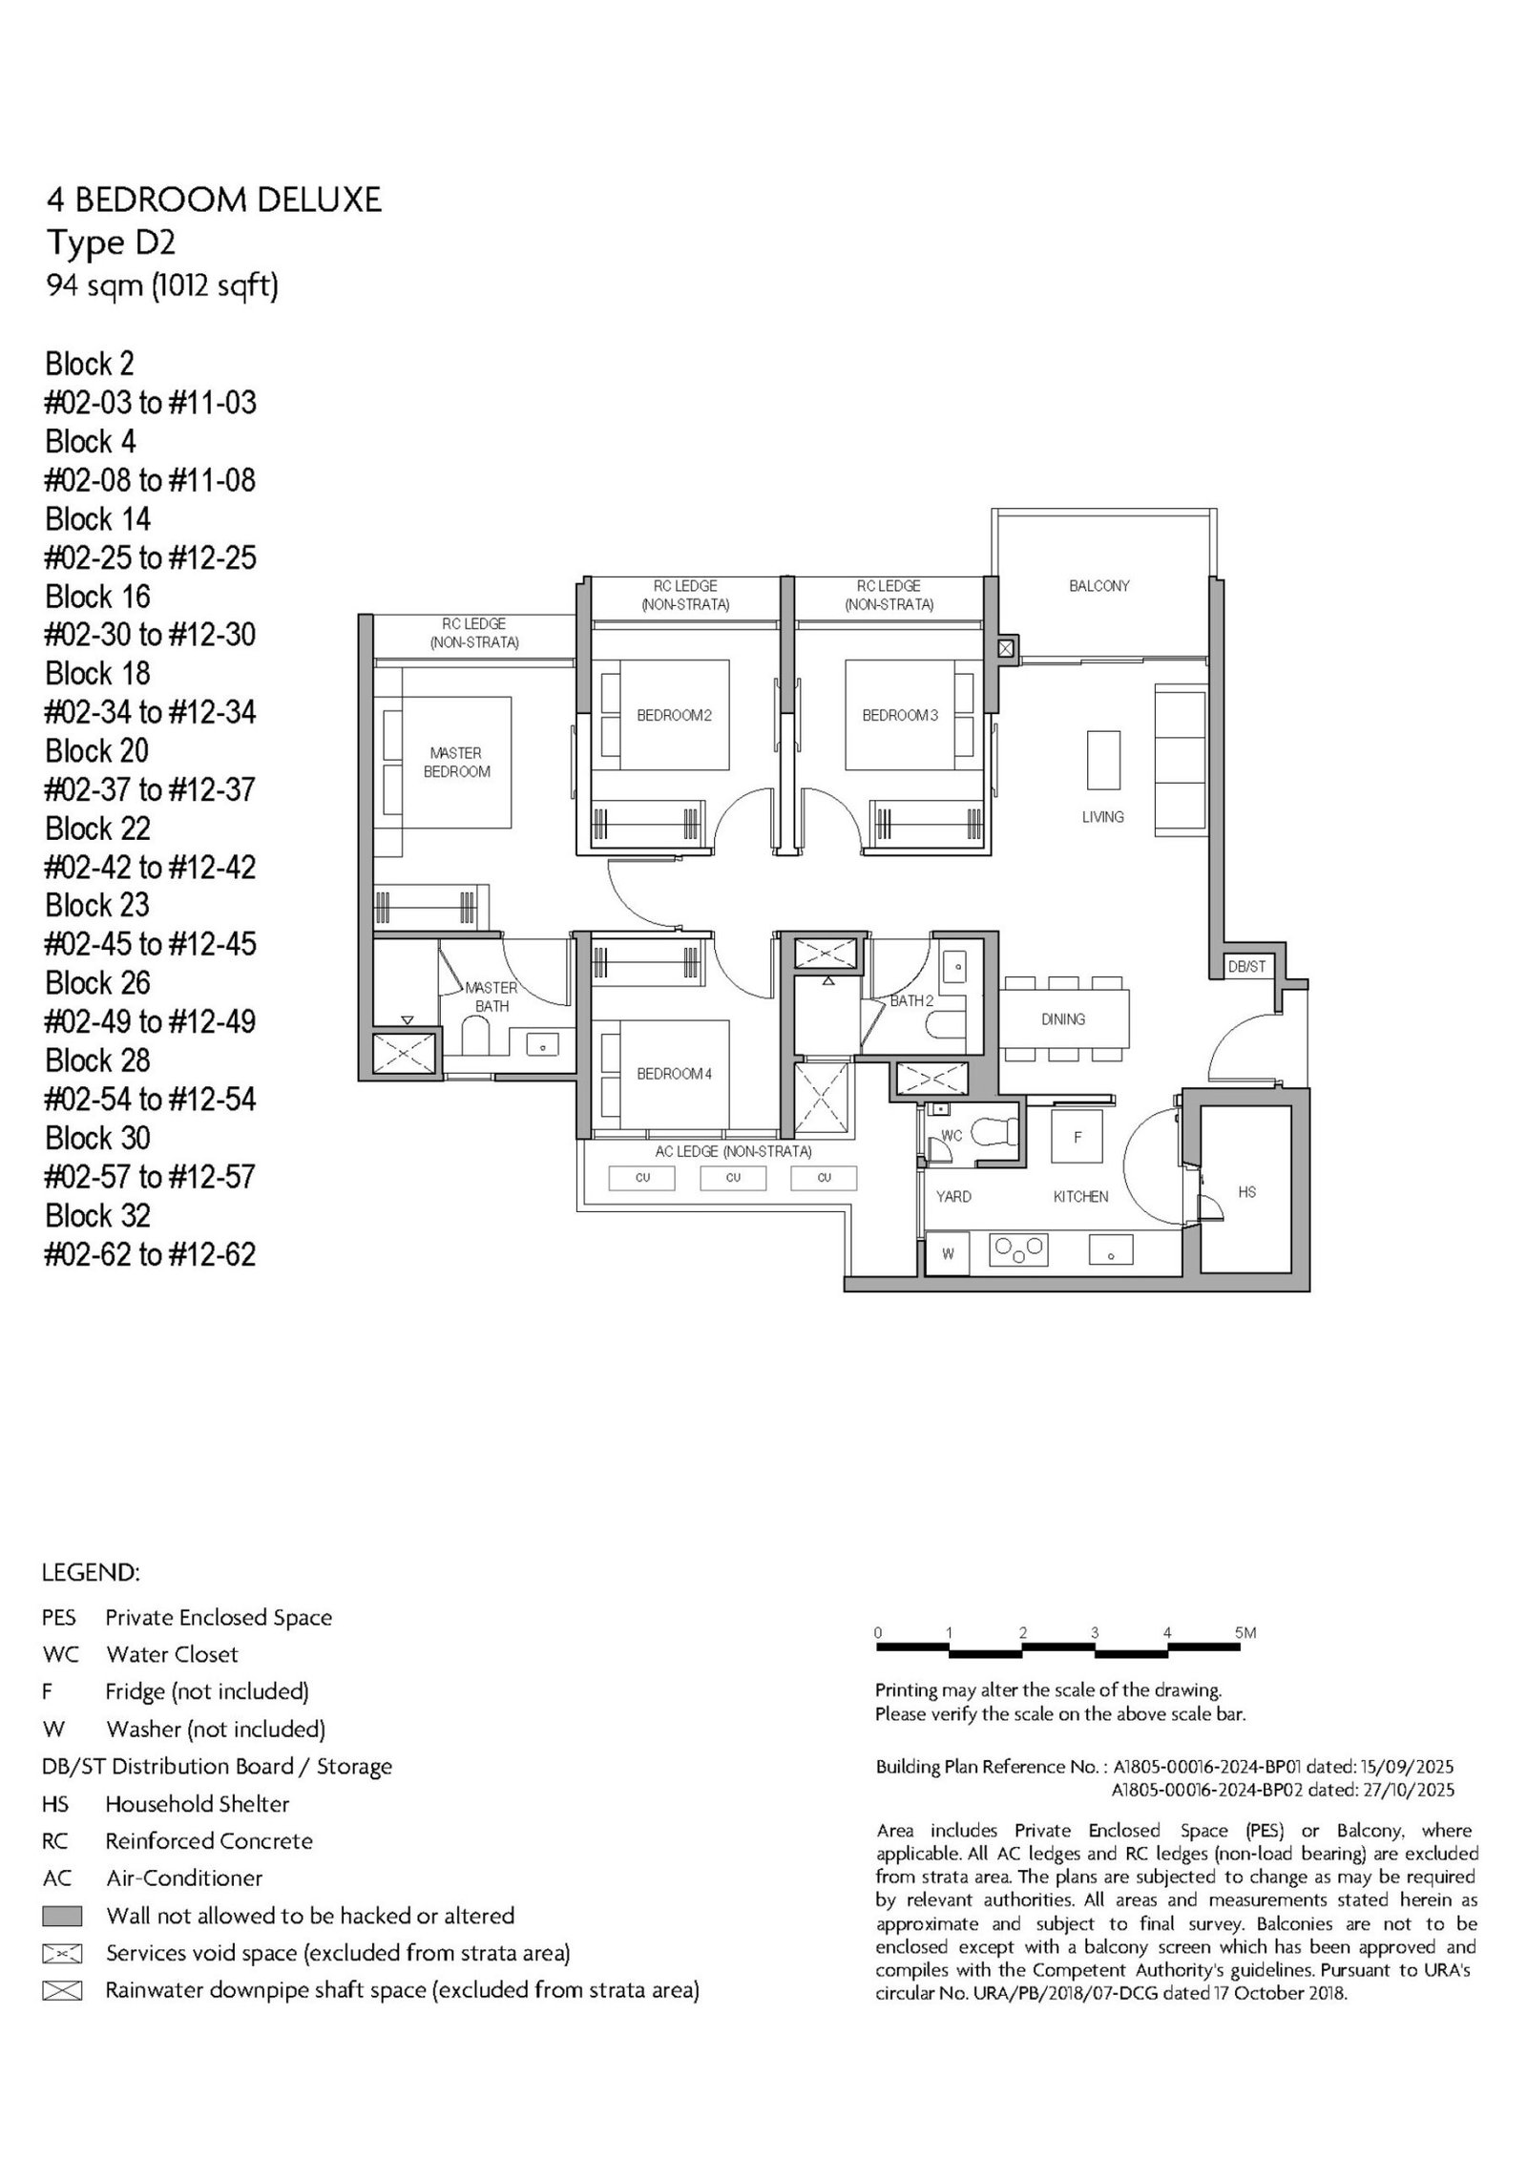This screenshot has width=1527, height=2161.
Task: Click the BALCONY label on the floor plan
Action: click(1098, 586)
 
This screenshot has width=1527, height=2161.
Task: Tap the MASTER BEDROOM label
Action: click(456, 763)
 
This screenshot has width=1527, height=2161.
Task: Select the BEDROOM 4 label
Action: click(675, 1074)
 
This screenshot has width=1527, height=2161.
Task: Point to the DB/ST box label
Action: click(1246, 967)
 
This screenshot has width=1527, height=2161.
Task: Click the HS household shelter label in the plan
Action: click(1246, 1192)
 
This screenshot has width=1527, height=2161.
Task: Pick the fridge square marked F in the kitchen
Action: click(1077, 1137)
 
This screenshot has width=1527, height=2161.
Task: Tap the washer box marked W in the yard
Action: click(948, 1253)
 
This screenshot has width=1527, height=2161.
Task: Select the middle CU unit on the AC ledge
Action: click(733, 1178)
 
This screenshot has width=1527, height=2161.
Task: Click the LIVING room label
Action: click(1102, 817)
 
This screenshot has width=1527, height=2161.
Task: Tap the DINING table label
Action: click(1063, 1019)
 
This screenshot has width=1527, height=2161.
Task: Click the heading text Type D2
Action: click(112, 243)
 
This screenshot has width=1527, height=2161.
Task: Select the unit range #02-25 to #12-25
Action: click(151, 557)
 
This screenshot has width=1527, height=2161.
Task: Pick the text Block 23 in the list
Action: click(97, 905)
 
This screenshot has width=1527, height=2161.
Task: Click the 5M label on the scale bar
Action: click(1245, 1633)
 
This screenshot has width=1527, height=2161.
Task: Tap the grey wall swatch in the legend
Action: click(62, 1916)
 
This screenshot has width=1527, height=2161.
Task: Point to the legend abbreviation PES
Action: click(58, 1618)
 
